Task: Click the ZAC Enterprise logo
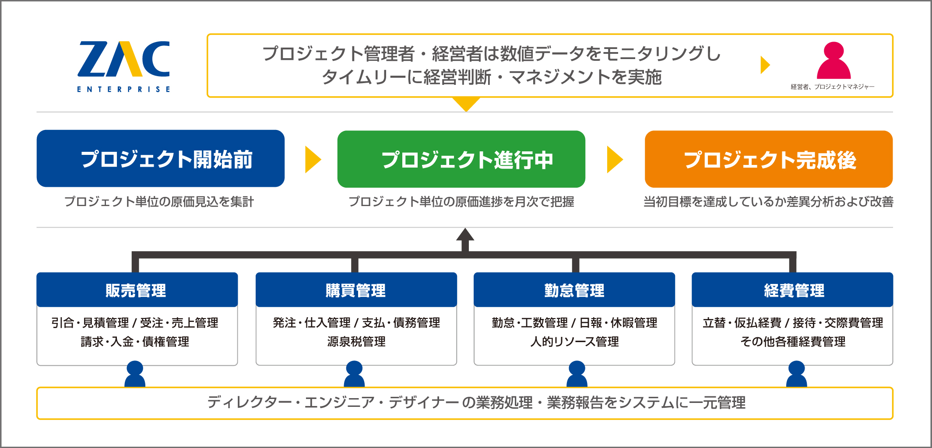123,66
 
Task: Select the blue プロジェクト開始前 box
161,158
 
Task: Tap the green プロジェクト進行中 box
461,159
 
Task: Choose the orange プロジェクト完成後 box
769,159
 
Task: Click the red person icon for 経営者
834,60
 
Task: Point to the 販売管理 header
137,290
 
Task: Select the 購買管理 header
356,290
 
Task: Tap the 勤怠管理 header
574,290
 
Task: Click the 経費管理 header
792,290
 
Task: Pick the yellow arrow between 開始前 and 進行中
313,160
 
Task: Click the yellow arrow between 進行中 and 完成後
615,160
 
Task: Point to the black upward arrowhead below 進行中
465,234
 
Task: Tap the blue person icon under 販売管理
135,374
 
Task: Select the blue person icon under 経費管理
796,374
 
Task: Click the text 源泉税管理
356,342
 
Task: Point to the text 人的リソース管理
574,342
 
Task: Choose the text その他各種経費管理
793,342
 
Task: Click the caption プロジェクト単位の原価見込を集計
159,202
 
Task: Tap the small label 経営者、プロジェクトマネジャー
833,87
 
